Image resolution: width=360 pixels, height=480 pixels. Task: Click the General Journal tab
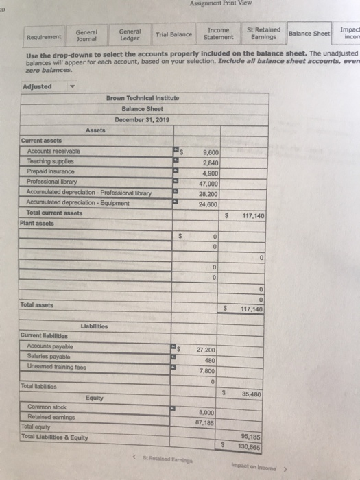click(x=86, y=34)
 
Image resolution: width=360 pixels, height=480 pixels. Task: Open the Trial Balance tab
click(x=173, y=34)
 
